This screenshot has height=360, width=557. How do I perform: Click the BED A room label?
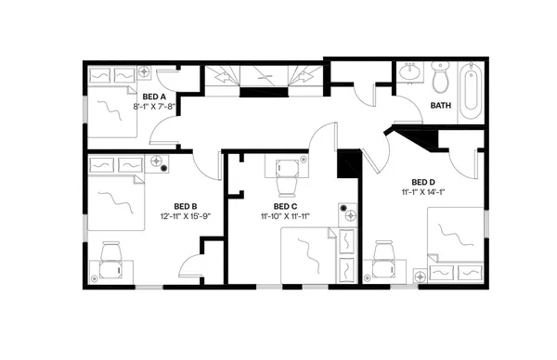pyautogui.click(x=154, y=96)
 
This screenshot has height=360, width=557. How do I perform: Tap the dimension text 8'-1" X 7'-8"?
pyautogui.click(x=154, y=107)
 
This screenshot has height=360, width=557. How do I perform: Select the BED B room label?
pyautogui.click(x=186, y=206)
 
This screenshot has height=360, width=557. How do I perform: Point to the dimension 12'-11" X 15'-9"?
pyautogui.click(x=186, y=216)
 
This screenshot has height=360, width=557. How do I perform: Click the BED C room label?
pyautogui.click(x=285, y=206)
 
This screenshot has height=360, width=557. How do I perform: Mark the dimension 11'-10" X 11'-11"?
pyautogui.click(x=285, y=216)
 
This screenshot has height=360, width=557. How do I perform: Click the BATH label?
pyautogui.click(x=442, y=106)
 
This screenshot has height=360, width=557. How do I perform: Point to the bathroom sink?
pyautogui.click(x=409, y=73)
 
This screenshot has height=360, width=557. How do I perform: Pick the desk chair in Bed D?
pyautogui.click(x=382, y=255)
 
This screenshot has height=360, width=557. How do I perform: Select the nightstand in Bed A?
pyautogui.click(x=145, y=71)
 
